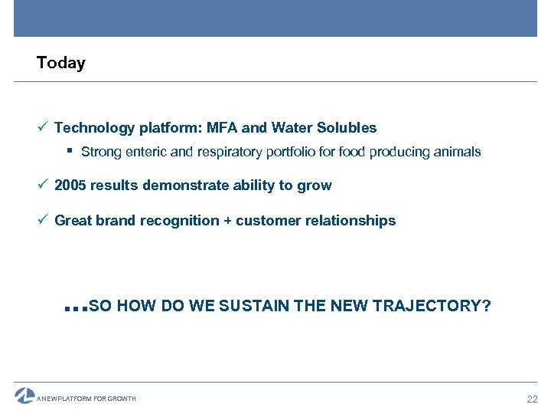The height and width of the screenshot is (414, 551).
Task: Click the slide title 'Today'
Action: pos(61,63)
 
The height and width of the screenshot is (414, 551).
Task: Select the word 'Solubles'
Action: pos(348,128)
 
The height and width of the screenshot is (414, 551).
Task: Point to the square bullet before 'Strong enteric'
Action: pos(70,151)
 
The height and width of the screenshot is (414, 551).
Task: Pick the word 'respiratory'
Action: pos(230,152)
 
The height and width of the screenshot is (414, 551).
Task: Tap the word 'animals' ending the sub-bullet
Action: pos(458,152)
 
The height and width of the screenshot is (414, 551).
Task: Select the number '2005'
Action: pos(70,186)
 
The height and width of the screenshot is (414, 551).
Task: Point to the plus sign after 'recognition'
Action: pos(227,221)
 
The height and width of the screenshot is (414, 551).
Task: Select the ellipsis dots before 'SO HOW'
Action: pos(77,309)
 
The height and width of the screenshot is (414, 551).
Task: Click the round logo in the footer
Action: pos(24,396)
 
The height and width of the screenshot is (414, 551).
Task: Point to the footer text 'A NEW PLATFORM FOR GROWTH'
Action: pos(86,399)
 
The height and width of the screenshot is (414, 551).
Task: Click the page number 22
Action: pos(533,399)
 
